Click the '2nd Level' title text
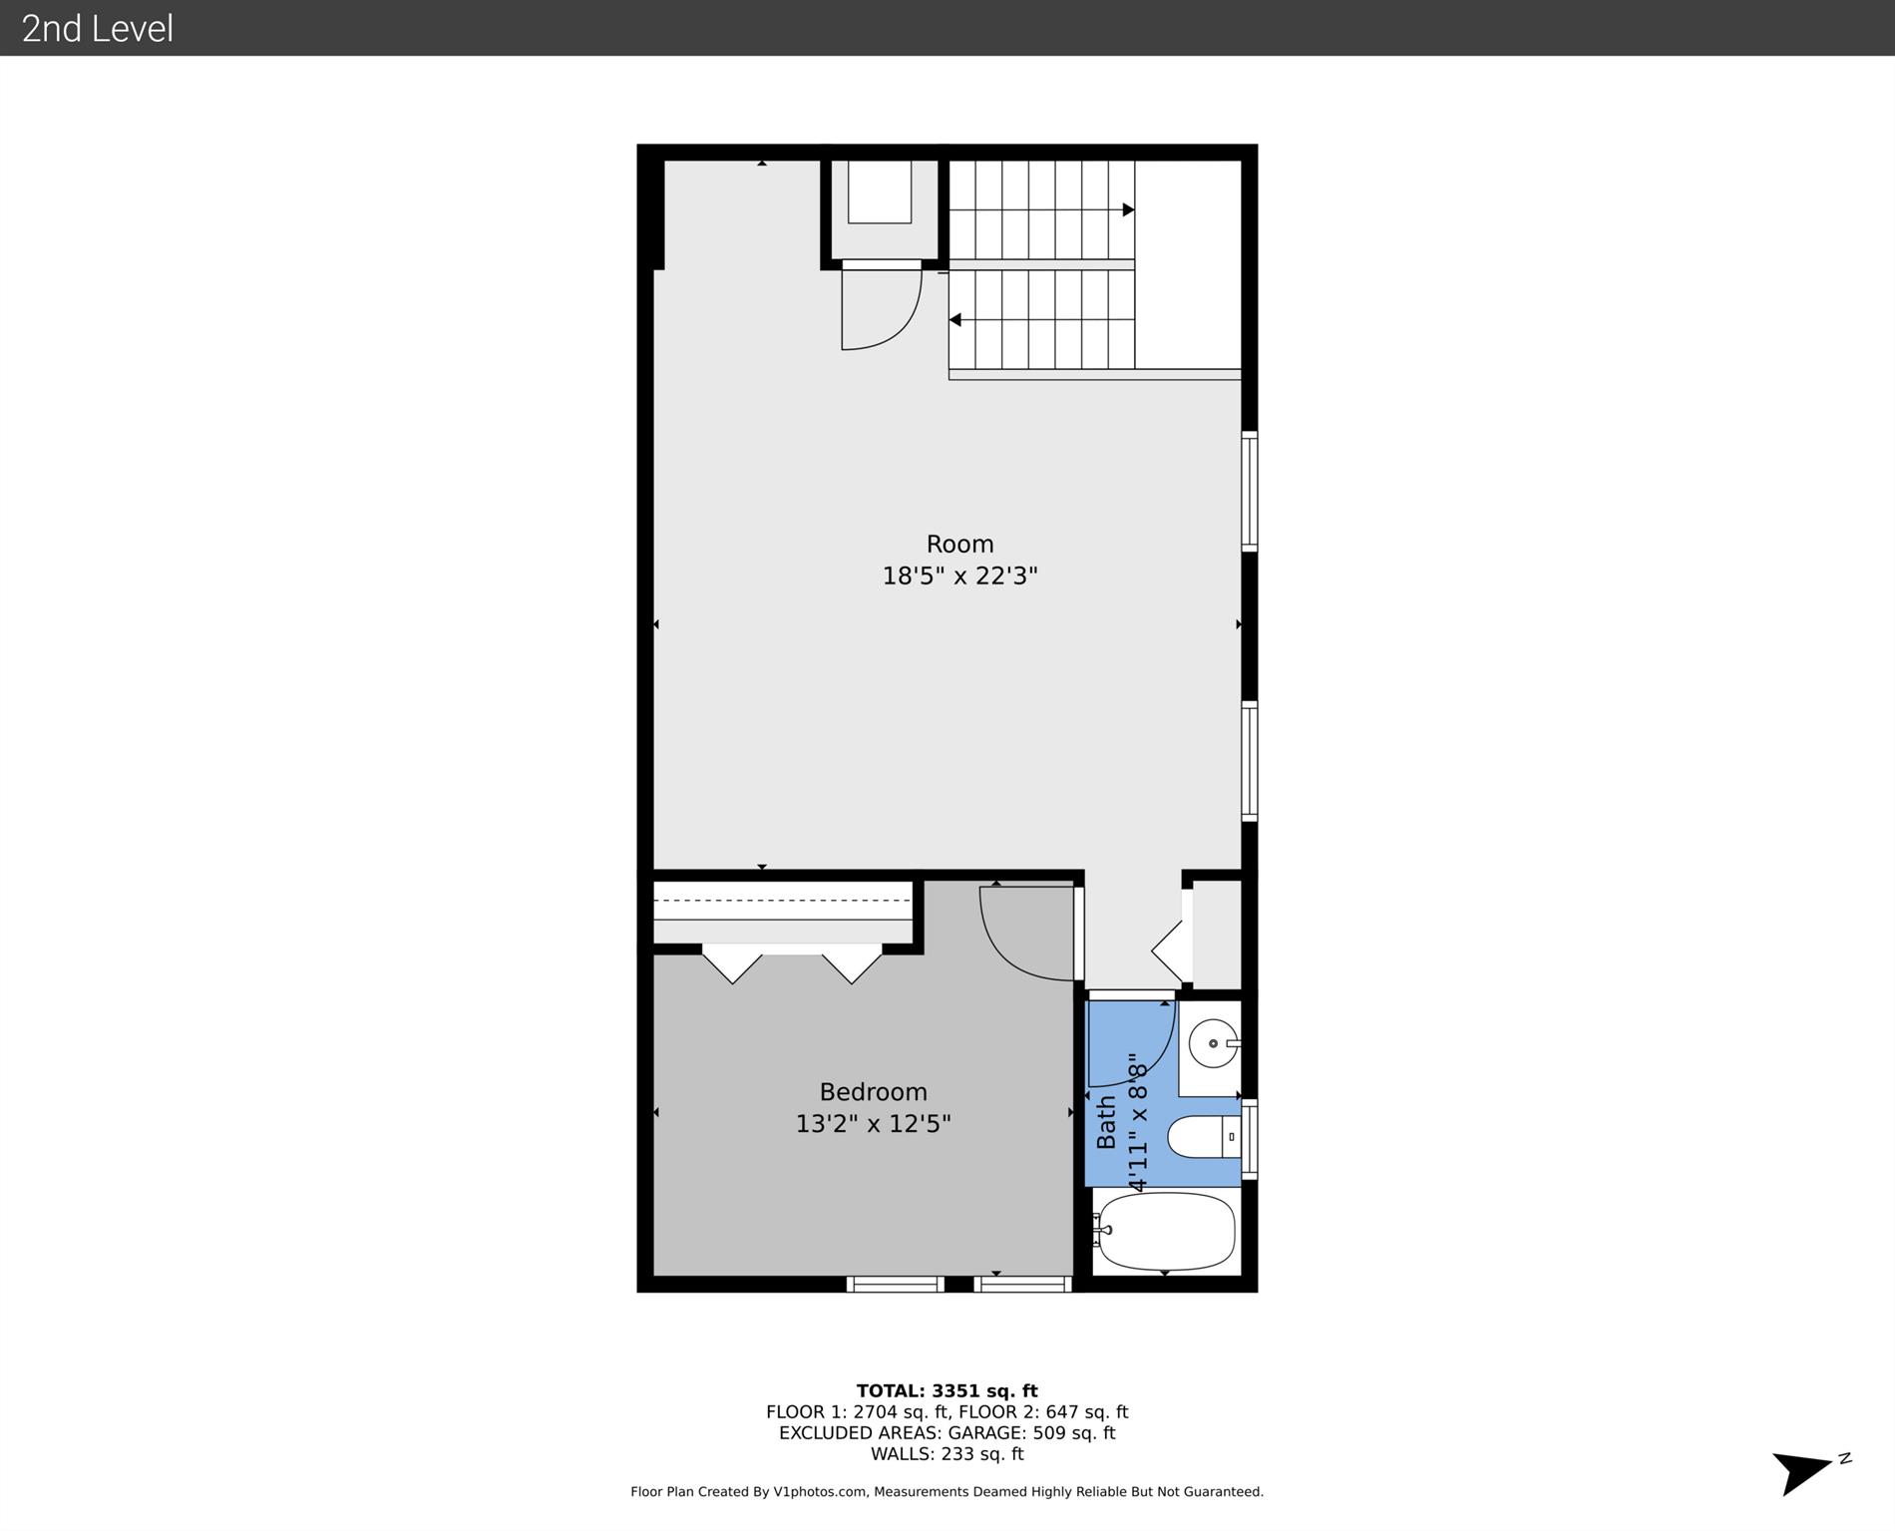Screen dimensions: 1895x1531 [x=98, y=29]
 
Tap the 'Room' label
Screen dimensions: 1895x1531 [x=959, y=544]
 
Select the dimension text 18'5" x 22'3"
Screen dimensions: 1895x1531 [x=959, y=575]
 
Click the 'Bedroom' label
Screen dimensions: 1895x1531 [x=873, y=1092]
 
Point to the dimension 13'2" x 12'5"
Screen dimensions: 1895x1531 [x=873, y=1124]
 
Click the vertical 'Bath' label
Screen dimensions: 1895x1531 [x=1106, y=1123]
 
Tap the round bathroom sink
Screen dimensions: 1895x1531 [x=1213, y=1043]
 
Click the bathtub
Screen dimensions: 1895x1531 [x=1165, y=1233]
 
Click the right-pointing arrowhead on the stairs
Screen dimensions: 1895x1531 [x=1129, y=209]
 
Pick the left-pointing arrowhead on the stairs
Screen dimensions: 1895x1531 [x=954, y=320]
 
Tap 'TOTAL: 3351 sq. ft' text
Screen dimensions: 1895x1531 [x=947, y=1390]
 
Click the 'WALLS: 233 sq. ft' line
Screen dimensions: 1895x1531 [x=947, y=1453]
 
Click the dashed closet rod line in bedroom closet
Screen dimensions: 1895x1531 [x=782, y=900]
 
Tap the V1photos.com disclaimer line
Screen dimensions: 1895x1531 [x=947, y=1491]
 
